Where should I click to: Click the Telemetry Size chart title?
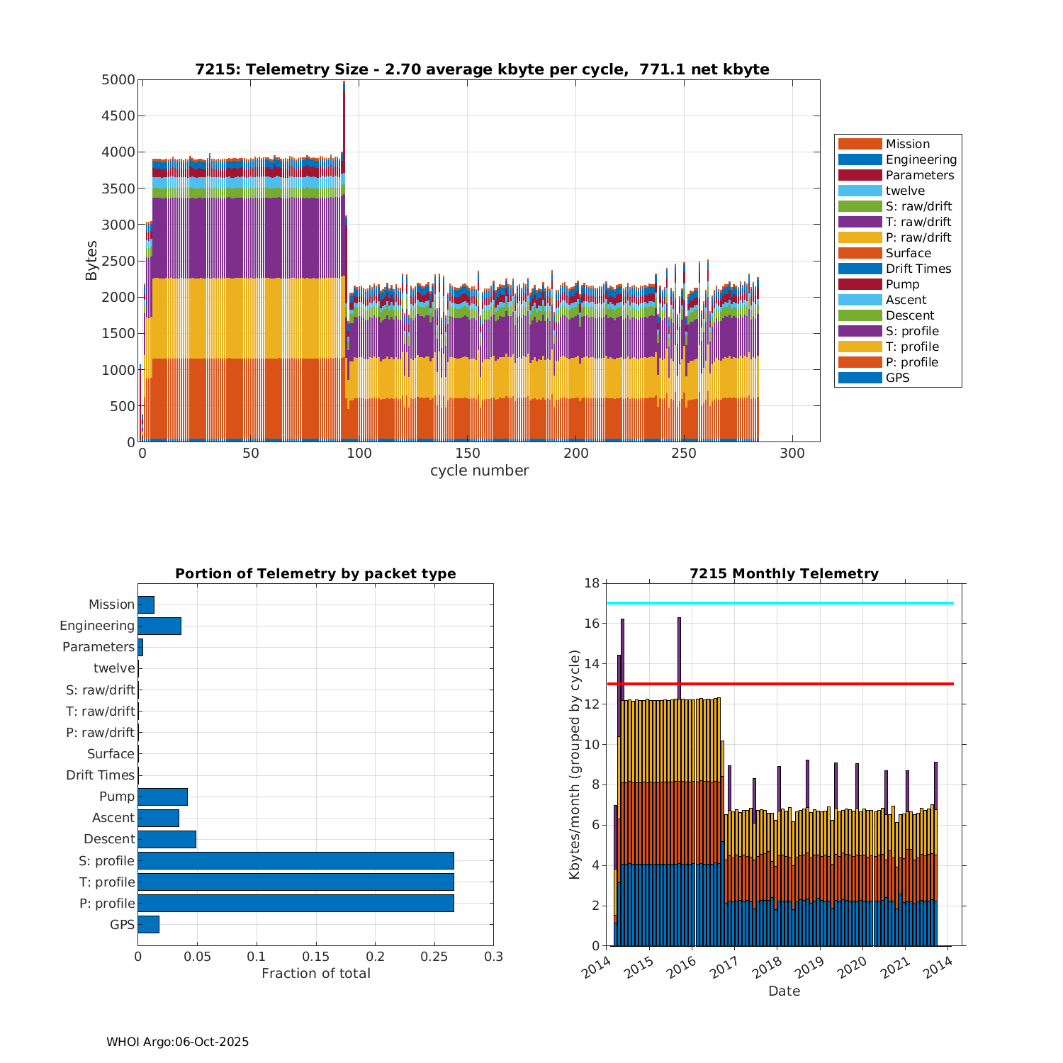(x=482, y=69)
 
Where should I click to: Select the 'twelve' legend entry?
(x=905, y=191)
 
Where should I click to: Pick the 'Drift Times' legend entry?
(x=918, y=269)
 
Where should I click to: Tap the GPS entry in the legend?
(x=897, y=378)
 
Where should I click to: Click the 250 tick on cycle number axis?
(x=684, y=454)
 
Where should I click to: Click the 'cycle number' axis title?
(x=479, y=471)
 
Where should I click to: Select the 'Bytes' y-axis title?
(x=91, y=261)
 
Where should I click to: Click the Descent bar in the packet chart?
(x=167, y=839)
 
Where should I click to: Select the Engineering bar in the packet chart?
(x=159, y=626)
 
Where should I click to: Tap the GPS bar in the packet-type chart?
(x=148, y=924)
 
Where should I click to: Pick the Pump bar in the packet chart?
(x=162, y=797)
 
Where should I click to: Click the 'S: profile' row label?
(x=106, y=861)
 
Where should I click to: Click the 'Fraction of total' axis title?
(x=316, y=974)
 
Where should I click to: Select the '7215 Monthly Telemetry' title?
(x=784, y=574)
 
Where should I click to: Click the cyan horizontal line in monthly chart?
(x=780, y=603)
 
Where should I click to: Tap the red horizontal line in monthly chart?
(x=780, y=684)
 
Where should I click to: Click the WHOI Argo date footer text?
(x=177, y=1042)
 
